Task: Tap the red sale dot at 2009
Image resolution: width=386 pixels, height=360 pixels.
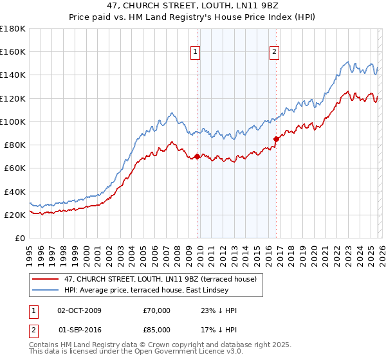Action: (x=197, y=156)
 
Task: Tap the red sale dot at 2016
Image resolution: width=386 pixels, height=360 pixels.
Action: (x=276, y=139)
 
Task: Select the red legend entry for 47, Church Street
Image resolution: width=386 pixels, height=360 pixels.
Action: (x=160, y=279)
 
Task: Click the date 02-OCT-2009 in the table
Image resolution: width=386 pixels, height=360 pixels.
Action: (x=79, y=310)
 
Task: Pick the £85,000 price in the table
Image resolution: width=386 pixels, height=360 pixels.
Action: (x=157, y=331)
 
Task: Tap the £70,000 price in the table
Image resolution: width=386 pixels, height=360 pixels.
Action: (x=157, y=310)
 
